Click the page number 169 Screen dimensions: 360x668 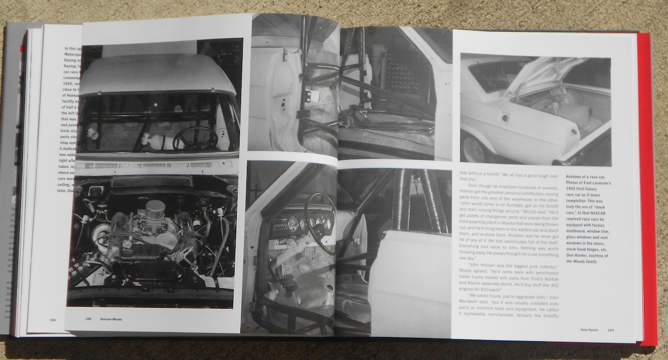610,329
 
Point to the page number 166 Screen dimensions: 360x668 52,319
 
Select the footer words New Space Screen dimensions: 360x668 592,329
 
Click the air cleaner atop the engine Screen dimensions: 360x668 155,208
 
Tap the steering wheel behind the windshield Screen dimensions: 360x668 195,138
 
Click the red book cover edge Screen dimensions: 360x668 647,187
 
